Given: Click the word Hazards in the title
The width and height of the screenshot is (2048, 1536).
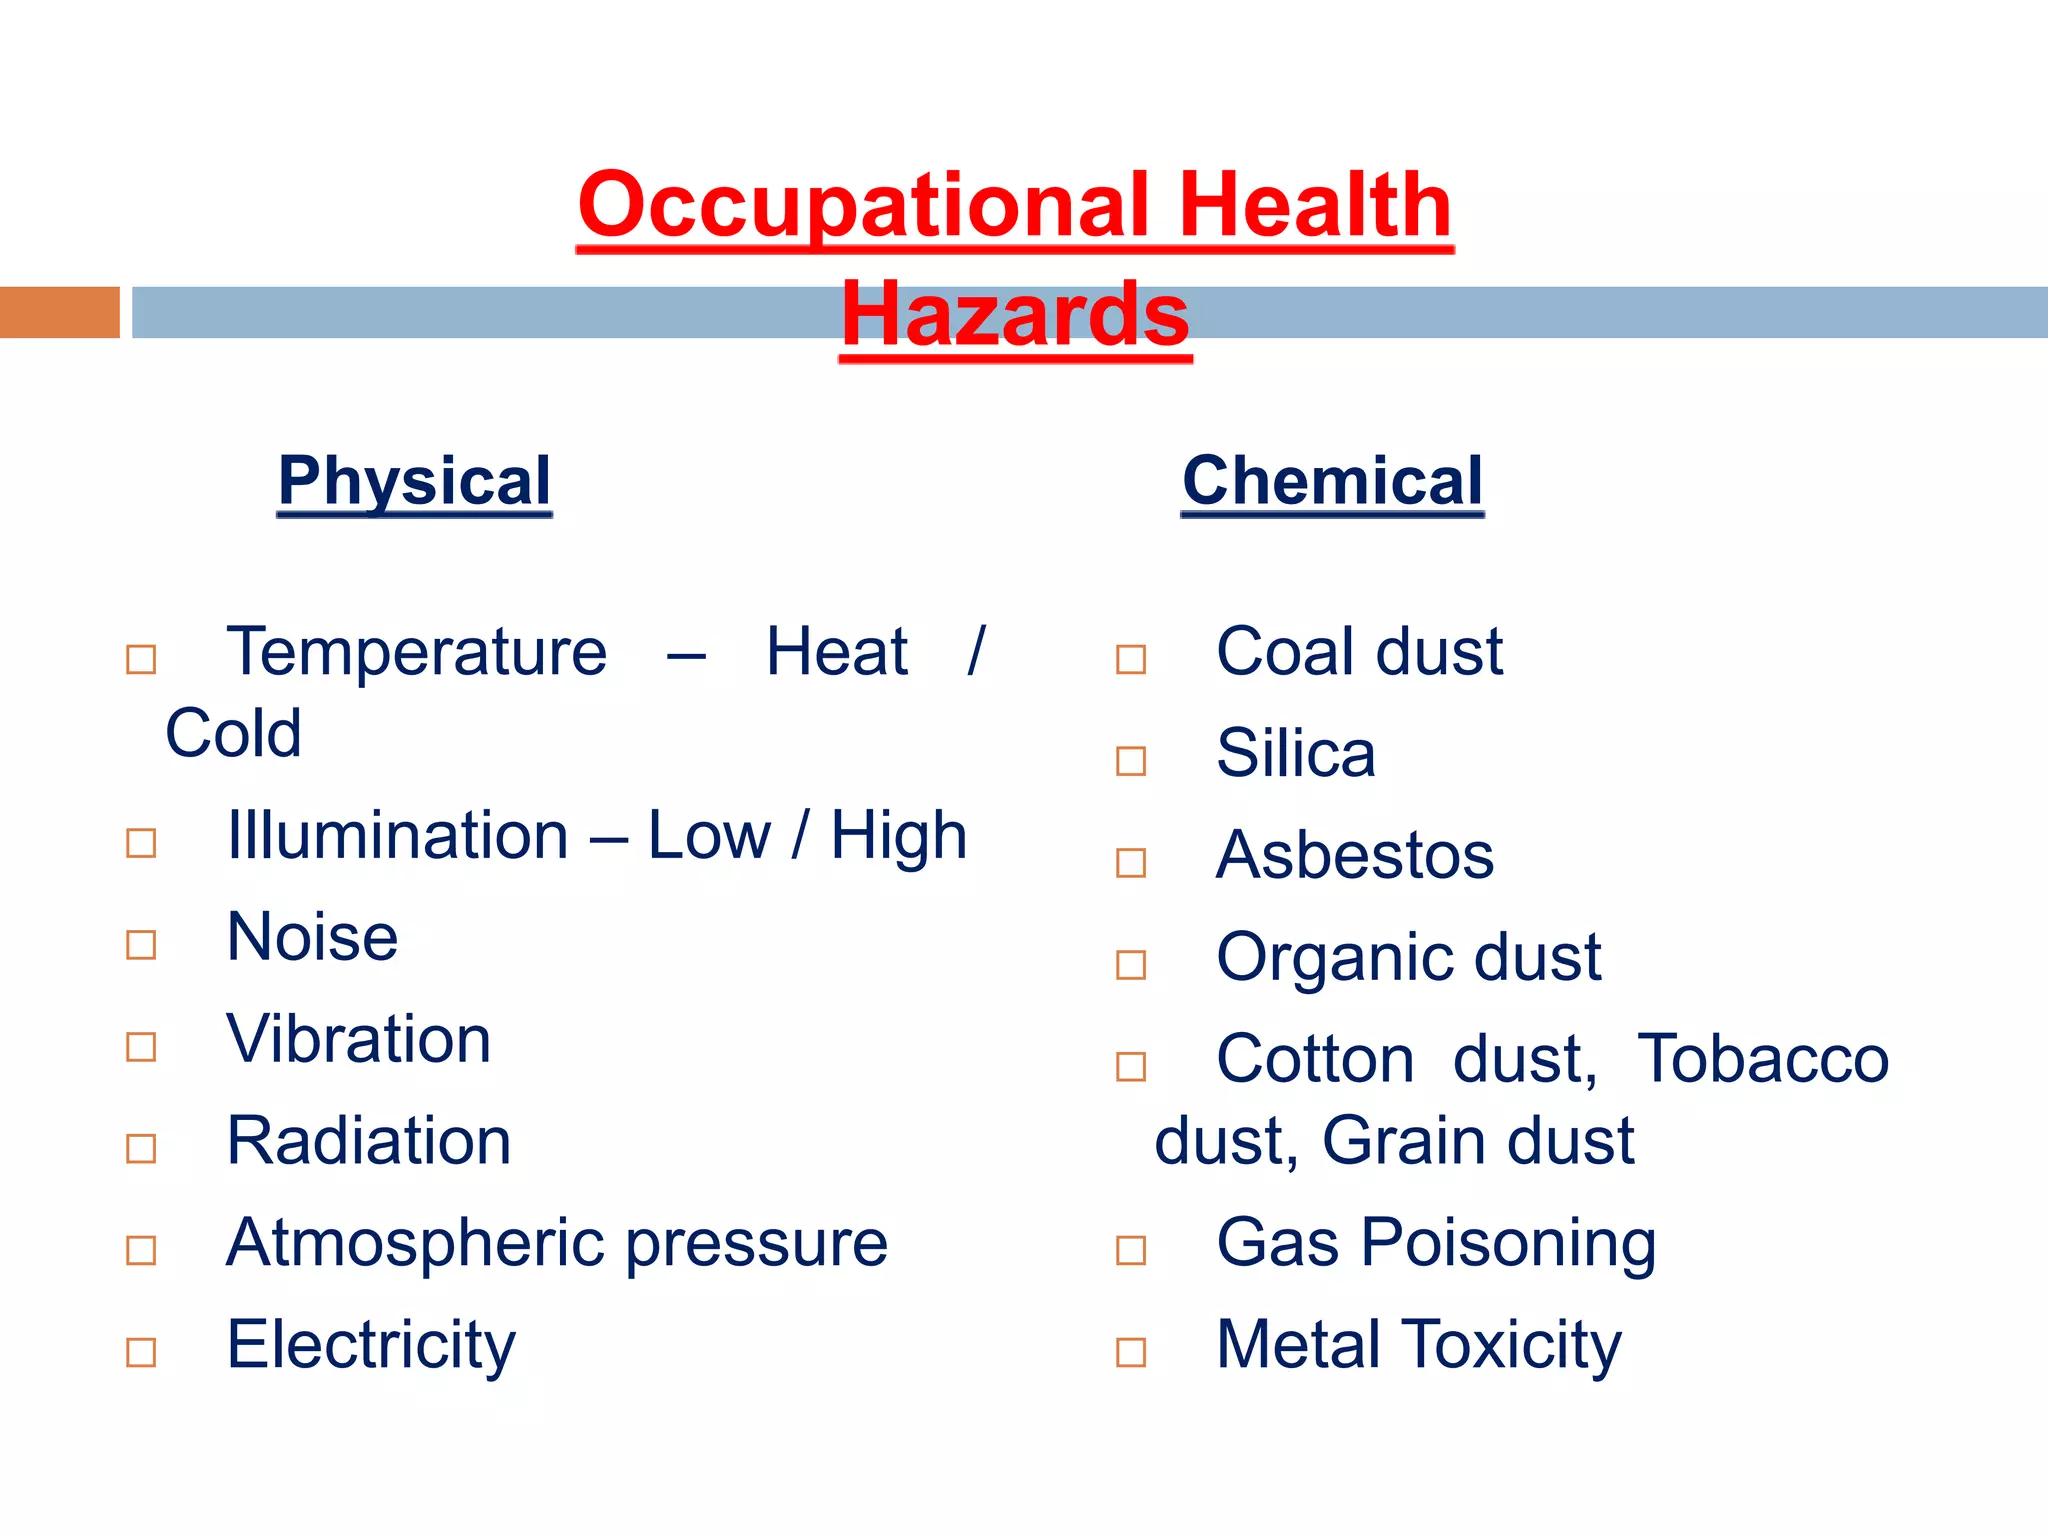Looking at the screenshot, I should (1015, 315).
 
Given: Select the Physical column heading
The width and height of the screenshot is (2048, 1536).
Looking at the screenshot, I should (414, 481).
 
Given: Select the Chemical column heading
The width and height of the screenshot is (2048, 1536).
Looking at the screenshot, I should (1332, 481).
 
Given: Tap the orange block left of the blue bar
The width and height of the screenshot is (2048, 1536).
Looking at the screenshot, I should (59, 312).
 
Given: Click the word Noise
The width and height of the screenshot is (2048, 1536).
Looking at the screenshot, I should (312, 938).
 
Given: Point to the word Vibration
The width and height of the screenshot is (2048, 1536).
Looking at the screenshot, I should (358, 1040).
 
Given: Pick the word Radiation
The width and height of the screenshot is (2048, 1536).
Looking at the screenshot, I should (368, 1141).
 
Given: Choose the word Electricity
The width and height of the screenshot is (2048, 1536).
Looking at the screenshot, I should (370, 1345).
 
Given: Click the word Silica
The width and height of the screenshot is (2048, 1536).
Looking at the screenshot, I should (1295, 753).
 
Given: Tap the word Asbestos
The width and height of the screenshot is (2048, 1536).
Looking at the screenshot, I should (1354, 856).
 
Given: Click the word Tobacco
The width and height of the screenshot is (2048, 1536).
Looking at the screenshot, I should (1762, 1059).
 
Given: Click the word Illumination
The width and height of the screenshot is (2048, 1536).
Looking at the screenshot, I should (397, 836).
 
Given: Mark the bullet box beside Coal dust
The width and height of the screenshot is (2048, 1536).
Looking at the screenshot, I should (1130, 659).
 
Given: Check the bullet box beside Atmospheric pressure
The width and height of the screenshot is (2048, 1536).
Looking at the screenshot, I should (141, 1250).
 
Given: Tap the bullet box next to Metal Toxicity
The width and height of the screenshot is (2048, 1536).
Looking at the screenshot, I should (1130, 1352).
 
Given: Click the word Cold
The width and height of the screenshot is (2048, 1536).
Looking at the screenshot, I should (233, 734).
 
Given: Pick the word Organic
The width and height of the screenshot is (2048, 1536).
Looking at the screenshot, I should (1335, 958).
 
